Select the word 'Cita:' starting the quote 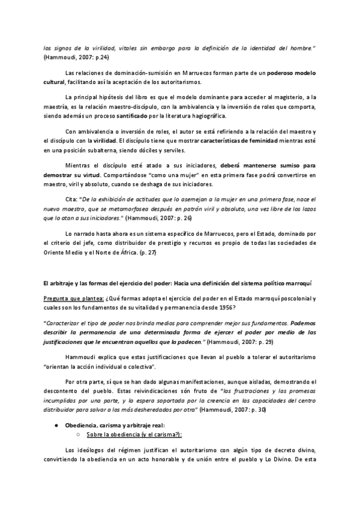71,198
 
